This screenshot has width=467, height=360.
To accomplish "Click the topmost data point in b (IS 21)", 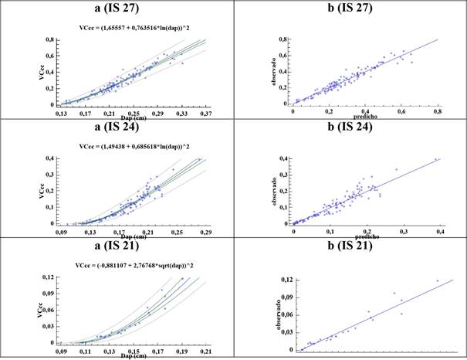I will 438,280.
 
